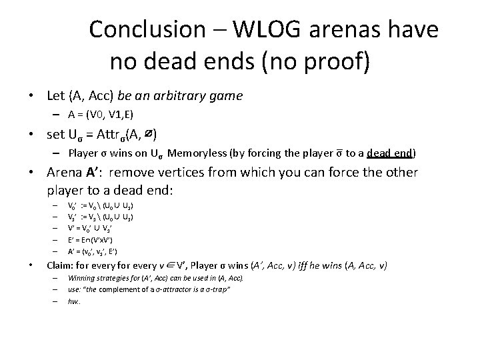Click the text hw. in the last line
[73, 301]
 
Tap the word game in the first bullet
[225, 96]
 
